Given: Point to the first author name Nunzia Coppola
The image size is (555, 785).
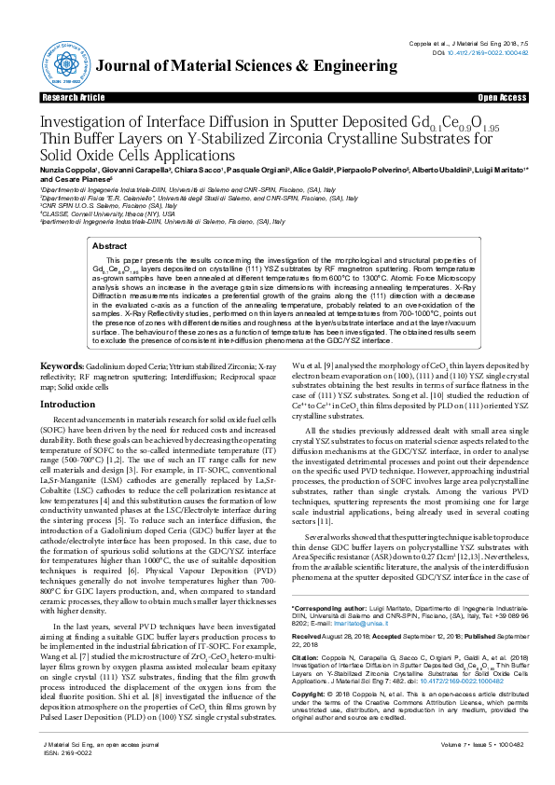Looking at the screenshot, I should click(65, 172).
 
